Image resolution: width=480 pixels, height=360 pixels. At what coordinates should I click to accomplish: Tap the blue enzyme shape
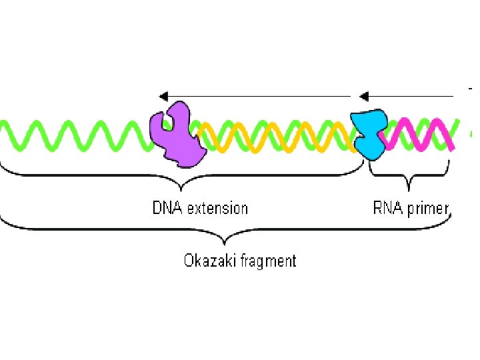coord(370,134)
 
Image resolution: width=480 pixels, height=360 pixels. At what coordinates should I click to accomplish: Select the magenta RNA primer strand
coord(420,133)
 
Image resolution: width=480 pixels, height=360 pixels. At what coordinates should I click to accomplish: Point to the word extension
coord(217,208)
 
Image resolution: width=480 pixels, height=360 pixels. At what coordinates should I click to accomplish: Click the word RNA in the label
coord(387,208)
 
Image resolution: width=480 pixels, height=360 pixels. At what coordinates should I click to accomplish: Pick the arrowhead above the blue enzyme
coord(363,96)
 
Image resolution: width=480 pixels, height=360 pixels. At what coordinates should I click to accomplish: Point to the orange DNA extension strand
coord(280,137)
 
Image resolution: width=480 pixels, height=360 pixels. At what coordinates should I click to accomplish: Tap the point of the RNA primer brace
coord(408,185)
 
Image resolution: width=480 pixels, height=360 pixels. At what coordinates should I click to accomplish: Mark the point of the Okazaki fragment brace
coord(227,238)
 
